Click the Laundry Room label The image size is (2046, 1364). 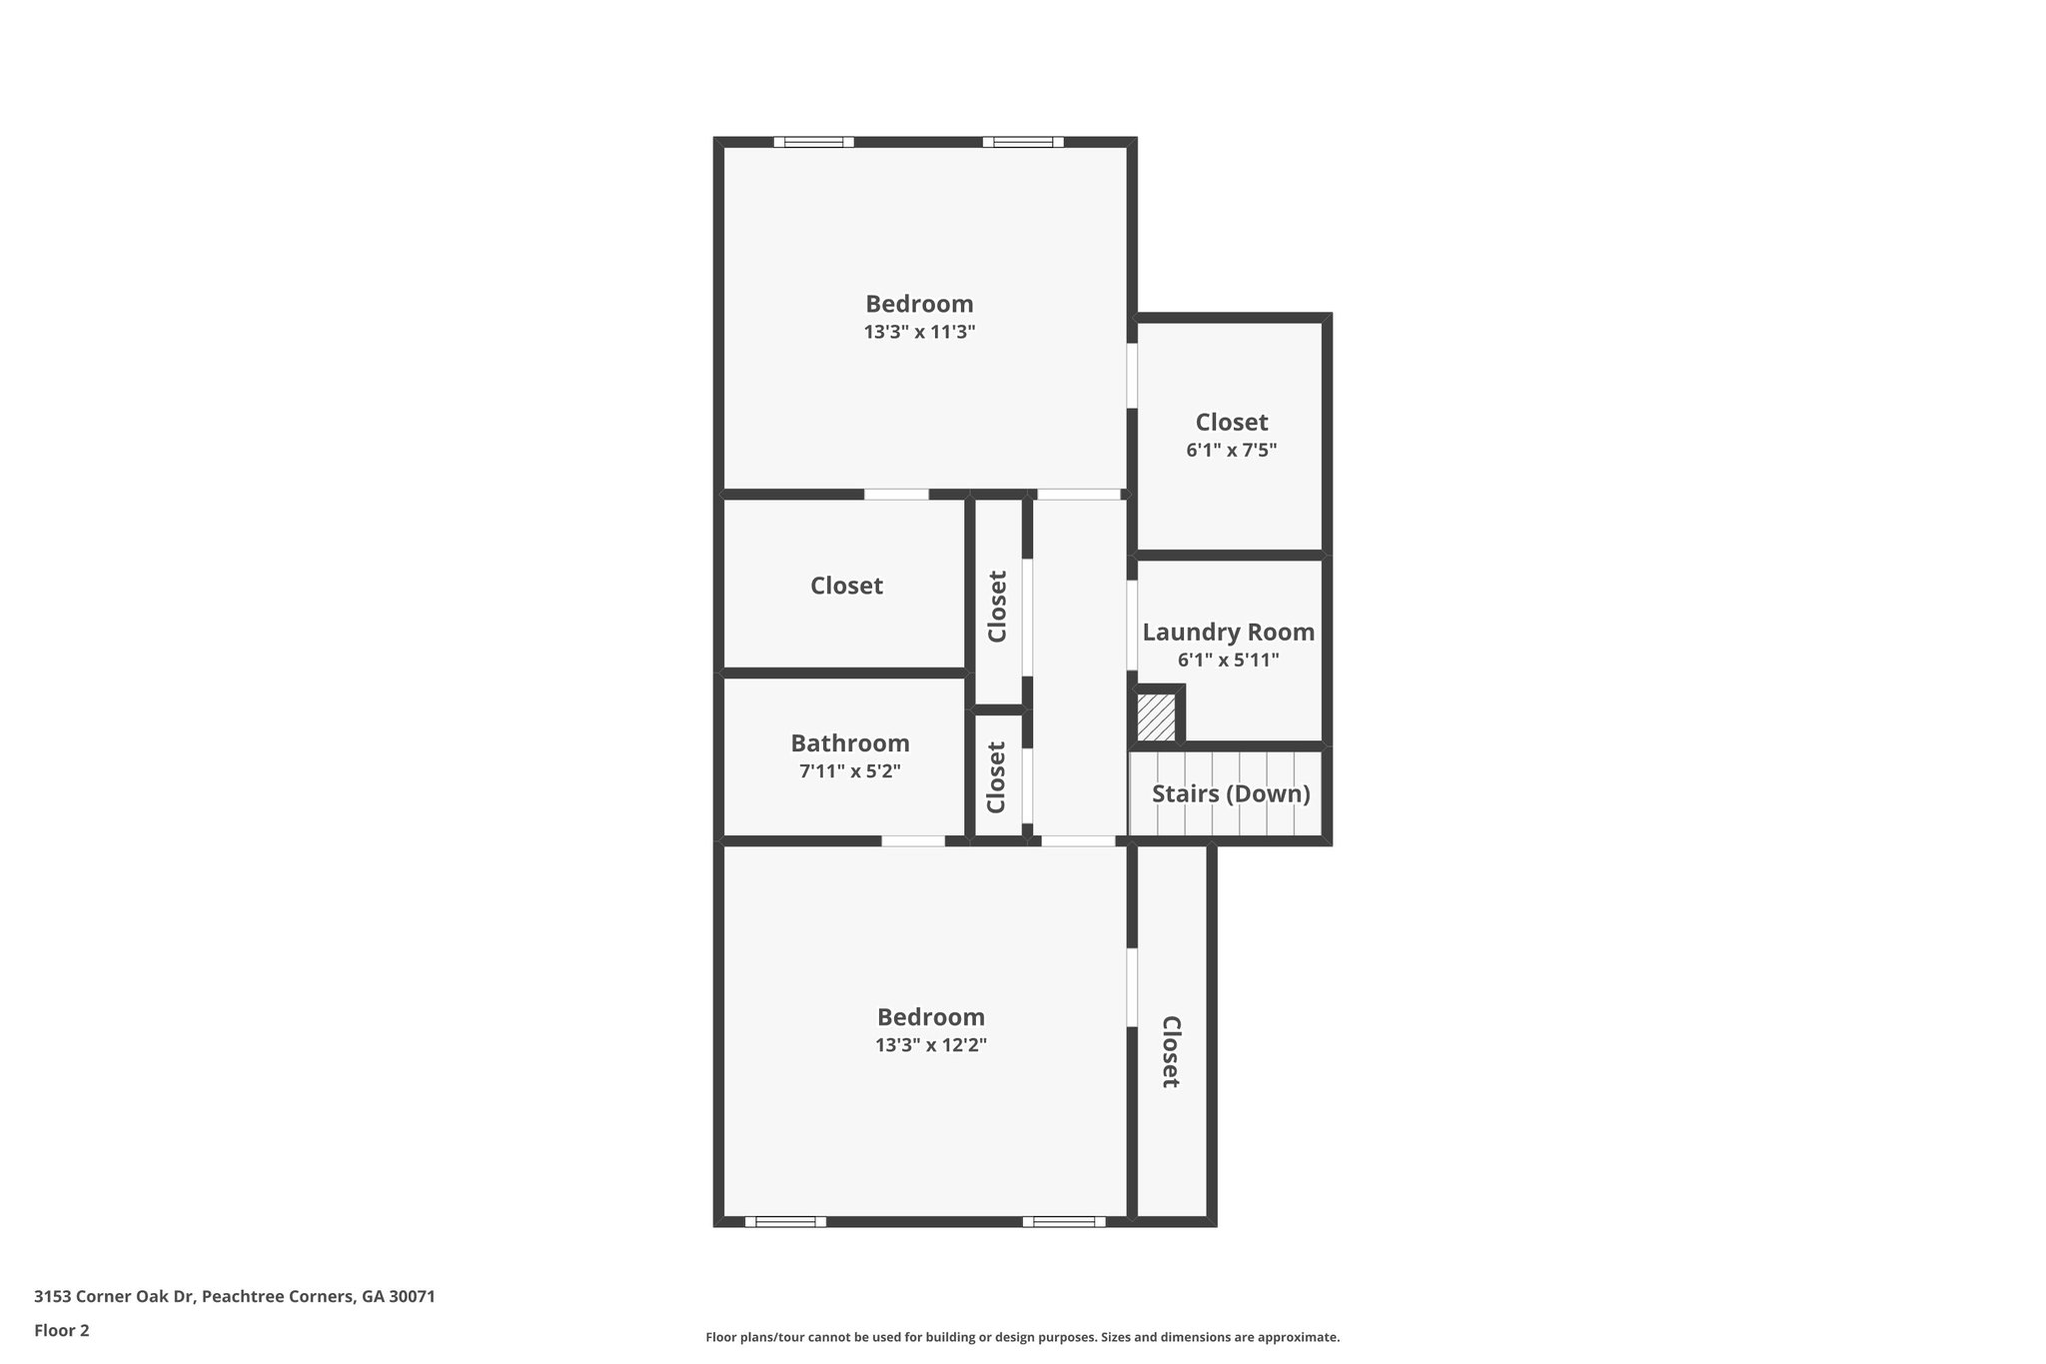pyautogui.click(x=1228, y=632)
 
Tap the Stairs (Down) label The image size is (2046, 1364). pyautogui.click(x=1231, y=793)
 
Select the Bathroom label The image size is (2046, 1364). pyautogui.click(x=850, y=742)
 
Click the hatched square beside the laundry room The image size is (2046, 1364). pyautogui.click(x=1157, y=717)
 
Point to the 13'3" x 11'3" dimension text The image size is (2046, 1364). pyautogui.click(x=919, y=332)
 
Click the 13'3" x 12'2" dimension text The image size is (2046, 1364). pyautogui.click(x=931, y=1045)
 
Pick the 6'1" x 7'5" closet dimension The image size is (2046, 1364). pyautogui.click(x=1231, y=450)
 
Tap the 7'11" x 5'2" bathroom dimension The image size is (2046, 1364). pyautogui.click(x=850, y=770)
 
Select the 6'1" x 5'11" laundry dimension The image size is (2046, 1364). pyautogui.click(x=1228, y=660)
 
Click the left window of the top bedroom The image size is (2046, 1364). pyautogui.click(x=813, y=142)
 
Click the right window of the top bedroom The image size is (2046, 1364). pyautogui.click(x=1022, y=142)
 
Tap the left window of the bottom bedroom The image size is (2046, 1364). pyautogui.click(x=785, y=1221)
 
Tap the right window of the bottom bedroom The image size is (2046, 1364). pyautogui.click(x=1064, y=1221)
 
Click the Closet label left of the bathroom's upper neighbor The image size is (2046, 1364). pyautogui.click(x=846, y=586)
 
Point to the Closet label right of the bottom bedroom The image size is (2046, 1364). pyautogui.click(x=1171, y=1051)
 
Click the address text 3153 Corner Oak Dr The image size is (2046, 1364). pyautogui.click(x=234, y=1296)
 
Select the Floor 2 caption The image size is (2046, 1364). pyautogui.click(x=62, y=1330)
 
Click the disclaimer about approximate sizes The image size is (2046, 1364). pyautogui.click(x=1022, y=1337)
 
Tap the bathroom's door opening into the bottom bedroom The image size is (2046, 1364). pyautogui.click(x=912, y=841)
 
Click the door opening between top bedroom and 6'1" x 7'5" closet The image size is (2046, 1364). pyautogui.click(x=1132, y=376)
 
